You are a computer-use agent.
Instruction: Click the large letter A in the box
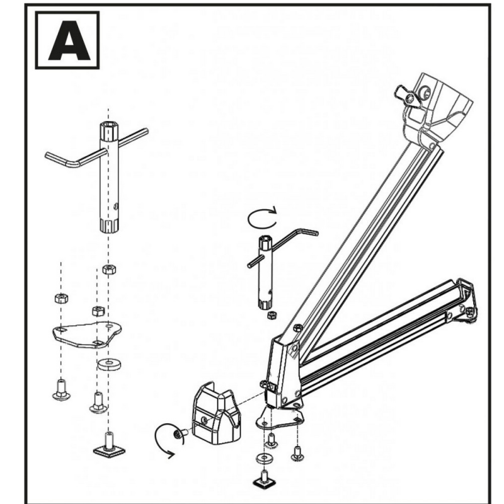click(x=69, y=41)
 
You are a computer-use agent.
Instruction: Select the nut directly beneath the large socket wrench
click(x=109, y=269)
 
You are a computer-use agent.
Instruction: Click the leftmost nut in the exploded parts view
click(x=61, y=298)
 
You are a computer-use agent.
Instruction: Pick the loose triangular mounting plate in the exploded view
click(x=87, y=335)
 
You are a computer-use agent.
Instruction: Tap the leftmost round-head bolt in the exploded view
click(x=61, y=390)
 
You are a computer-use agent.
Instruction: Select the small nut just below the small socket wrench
click(x=272, y=314)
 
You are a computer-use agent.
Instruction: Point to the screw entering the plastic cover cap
click(x=180, y=434)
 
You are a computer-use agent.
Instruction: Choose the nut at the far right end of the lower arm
click(x=469, y=311)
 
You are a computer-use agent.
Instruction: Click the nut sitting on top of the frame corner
click(x=297, y=328)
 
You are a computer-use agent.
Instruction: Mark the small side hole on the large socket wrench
click(x=116, y=205)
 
